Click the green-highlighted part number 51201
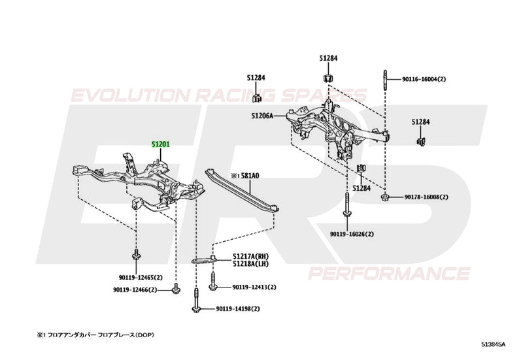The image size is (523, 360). coord(161,145)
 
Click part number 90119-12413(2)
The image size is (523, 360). coord(254,287)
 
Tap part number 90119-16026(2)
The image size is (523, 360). coord(352,233)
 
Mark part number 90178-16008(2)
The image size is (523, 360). coord(426,197)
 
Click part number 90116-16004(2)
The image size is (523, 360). coord(424,79)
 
